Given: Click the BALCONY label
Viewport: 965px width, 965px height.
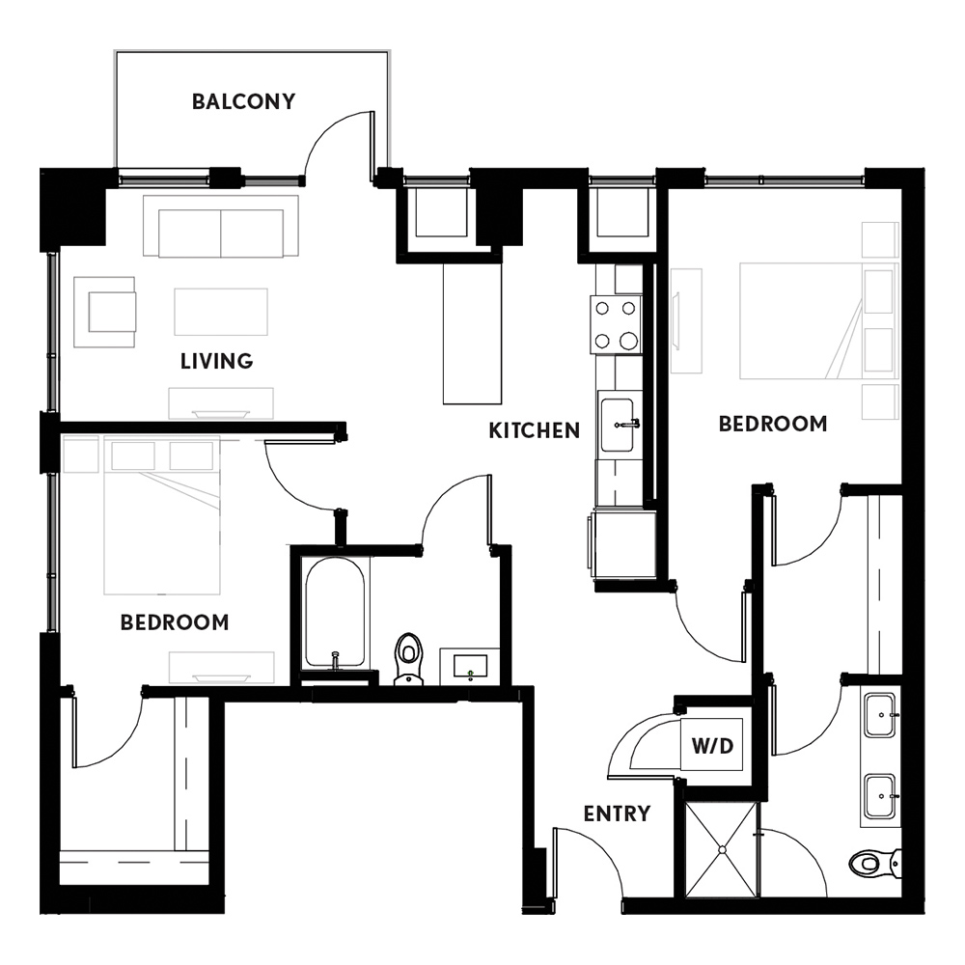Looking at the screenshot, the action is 244,101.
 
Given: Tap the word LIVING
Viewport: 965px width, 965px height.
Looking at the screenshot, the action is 216,361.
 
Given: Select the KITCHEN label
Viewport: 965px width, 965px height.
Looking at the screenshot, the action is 535,430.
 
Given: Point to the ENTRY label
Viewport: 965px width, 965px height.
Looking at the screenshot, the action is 617,813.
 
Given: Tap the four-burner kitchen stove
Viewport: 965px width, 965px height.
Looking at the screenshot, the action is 616,324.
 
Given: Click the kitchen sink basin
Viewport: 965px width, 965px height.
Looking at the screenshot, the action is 618,425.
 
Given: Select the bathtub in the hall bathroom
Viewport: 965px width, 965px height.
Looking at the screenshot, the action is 335,613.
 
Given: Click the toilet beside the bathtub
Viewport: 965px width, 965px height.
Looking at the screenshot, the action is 408,658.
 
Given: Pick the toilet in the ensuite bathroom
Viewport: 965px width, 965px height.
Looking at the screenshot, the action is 875,863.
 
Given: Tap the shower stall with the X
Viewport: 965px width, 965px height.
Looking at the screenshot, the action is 721,849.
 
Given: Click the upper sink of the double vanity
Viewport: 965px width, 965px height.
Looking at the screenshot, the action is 881,715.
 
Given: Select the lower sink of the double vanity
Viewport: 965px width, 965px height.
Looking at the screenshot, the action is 881,796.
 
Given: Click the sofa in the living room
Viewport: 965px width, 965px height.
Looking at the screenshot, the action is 221,227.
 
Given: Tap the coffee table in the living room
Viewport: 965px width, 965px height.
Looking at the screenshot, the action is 221,312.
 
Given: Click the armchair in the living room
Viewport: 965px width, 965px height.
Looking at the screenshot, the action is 104,312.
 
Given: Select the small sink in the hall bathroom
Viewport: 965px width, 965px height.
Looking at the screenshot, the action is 470,666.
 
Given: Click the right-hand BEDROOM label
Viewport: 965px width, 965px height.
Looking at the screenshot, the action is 773,424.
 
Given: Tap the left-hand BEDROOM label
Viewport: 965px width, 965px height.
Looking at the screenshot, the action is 175,622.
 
